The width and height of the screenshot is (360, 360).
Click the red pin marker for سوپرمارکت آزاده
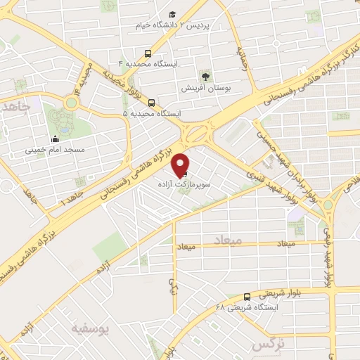pos(182,164)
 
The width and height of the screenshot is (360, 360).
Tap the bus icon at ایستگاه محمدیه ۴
pos(148,53)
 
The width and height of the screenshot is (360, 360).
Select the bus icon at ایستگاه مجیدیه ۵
pos(151,102)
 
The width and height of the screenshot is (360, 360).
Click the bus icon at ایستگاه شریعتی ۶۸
pos(247,297)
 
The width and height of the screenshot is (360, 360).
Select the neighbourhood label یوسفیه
pos(89,327)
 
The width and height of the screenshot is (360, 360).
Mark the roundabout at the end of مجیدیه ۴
pos(70,103)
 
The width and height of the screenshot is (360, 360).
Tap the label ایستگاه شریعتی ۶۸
pos(247,308)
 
